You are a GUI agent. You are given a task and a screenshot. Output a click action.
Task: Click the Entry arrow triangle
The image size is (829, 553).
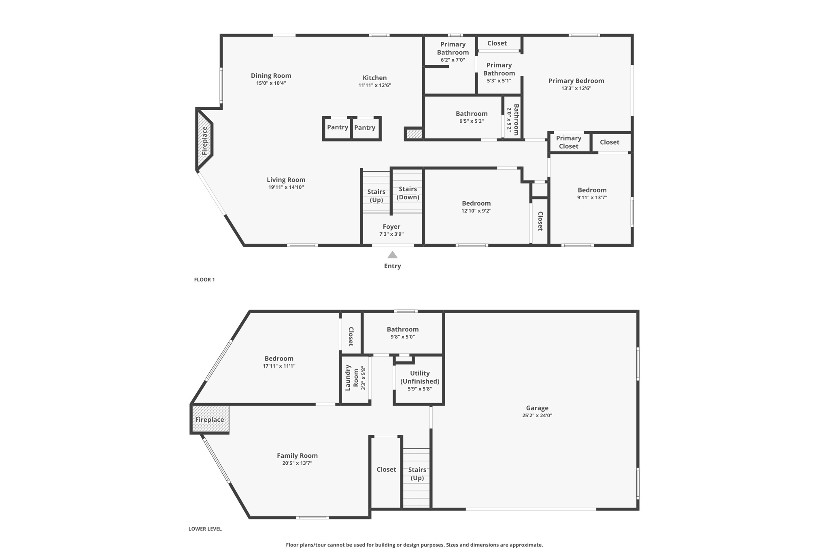click(x=392, y=255)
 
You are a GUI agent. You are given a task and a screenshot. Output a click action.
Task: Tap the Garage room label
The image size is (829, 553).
click(x=537, y=408)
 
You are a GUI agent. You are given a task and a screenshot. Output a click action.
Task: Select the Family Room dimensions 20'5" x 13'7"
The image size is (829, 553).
click(x=297, y=463)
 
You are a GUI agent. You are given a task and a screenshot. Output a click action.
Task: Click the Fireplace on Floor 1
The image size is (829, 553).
click(x=205, y=141)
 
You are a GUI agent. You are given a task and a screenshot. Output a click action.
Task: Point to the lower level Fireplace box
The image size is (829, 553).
click(x=210, y=419)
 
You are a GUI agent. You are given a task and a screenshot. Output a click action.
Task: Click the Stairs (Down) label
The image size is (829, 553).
click(x=408, y=193)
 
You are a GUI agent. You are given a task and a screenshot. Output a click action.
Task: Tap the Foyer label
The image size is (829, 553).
click(x=391, y=227)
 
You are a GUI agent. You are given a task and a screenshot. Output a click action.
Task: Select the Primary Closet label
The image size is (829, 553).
click(x=568, y=142)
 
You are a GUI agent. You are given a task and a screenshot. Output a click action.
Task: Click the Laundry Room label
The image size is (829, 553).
click(x=351, y=378)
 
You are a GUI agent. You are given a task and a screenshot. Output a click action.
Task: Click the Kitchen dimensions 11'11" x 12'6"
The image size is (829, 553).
click(x=374, y=85)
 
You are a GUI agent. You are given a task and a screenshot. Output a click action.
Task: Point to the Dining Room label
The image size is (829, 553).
click(x=271, y=76)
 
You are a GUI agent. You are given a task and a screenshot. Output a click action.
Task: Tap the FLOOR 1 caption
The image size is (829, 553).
click(x=204, y=280)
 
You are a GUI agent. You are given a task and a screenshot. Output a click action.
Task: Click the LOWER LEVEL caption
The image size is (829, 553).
click(x=205, y=529)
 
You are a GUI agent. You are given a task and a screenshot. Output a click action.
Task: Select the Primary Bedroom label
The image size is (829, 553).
click(x=576, y=81)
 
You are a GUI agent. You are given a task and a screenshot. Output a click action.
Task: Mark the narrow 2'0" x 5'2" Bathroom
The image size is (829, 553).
click(x=513, y=120)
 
